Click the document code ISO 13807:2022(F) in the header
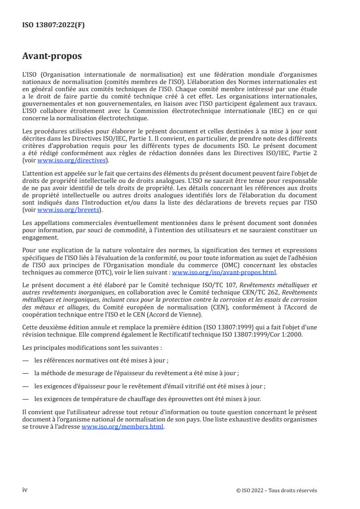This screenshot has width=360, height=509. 54,25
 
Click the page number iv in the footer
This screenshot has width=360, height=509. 25,490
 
